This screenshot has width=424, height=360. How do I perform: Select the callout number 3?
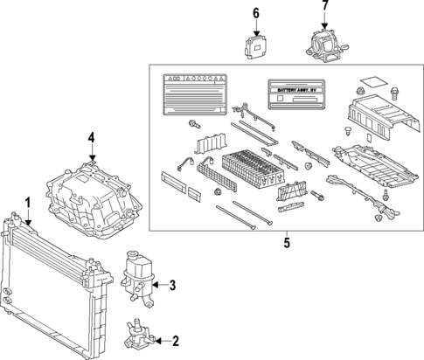click(x=173, y=284)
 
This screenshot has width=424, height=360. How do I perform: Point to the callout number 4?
click(x=90, y=137)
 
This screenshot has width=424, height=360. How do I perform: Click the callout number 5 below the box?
click(x=286, y=243)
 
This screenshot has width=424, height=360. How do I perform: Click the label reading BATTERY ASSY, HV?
click(x=297, y=90)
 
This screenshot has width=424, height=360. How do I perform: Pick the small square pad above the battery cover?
click(x=371, y=80)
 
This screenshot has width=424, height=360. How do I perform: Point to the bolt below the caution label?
click(x=191, y=128)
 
